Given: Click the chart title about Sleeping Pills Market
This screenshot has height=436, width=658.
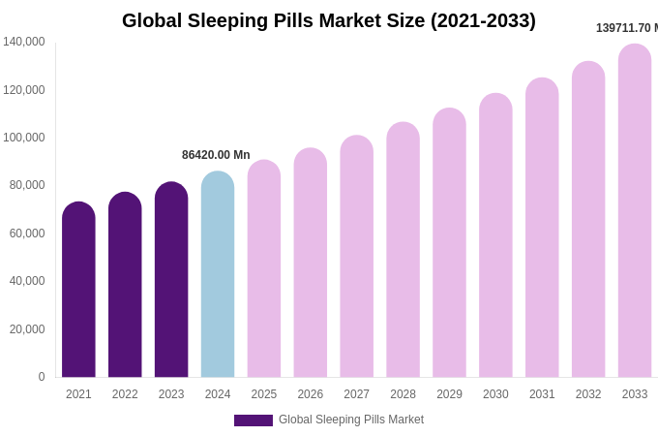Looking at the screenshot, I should [329, 20].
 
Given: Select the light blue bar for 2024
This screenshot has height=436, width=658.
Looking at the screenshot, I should [218, 275].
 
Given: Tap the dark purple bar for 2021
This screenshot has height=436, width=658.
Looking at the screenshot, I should [78, 291].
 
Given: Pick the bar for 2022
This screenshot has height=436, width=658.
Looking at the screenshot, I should [125, 286].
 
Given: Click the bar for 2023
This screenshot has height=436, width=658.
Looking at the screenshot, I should [171, 281].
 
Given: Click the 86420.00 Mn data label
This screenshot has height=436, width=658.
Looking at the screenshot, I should [216, 155].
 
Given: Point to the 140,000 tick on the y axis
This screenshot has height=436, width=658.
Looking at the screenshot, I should [24, 42].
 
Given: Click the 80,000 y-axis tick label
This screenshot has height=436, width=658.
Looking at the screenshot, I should [24, 185].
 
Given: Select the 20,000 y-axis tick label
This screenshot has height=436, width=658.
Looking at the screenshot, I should [24, 329].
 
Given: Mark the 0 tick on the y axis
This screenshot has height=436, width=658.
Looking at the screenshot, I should [41, 377].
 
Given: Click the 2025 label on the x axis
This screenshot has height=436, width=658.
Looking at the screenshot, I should [264, 394].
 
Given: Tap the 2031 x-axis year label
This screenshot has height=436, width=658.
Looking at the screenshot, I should [542, 394].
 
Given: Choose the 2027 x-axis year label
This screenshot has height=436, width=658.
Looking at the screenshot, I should [357, 394].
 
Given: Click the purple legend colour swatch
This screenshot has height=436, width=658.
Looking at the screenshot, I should [254, 420].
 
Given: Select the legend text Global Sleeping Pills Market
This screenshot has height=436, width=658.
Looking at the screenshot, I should [351, 420].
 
